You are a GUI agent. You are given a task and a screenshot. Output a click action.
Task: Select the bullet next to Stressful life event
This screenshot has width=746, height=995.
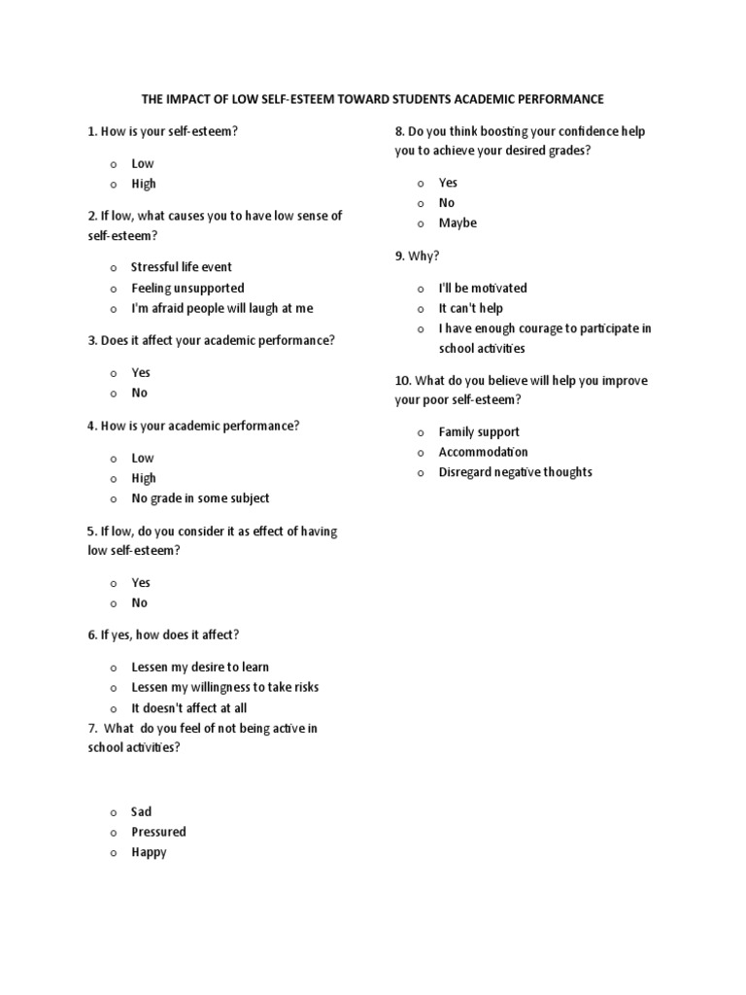(x=113, y=267)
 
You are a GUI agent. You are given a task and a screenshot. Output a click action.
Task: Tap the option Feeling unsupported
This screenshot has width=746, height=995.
(x=187, y=288)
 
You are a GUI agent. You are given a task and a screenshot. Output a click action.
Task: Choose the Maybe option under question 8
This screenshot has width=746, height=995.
(x=458, y=223)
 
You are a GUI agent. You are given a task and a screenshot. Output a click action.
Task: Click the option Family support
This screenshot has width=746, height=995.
(x=479, y=431)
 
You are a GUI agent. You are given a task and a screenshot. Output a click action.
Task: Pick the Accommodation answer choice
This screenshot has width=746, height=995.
(x=483, y=452)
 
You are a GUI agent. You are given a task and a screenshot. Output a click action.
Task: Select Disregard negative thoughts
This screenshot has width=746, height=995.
(x=515, y=472)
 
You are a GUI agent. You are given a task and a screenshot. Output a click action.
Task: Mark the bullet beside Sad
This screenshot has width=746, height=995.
(x=113, y=812)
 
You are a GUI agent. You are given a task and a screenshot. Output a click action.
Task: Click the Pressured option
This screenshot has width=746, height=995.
(x=158, y=832)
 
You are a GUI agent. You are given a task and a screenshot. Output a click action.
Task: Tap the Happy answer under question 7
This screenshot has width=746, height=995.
(x=149, y=852)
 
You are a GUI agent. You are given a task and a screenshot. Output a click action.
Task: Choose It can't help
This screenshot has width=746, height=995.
(x=471, y=308)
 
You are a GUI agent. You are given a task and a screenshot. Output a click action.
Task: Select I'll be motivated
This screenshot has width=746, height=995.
(x=483, y=288)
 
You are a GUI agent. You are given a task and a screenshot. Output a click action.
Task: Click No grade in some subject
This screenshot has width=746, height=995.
(x=200, y=497)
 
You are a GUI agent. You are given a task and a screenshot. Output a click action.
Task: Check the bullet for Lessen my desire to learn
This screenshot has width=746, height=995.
(x=113, y=668)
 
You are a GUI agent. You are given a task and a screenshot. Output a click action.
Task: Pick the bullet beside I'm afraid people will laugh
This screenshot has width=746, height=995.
(x=113, y=309)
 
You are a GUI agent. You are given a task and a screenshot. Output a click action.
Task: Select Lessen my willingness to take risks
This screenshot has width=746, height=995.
(x=224, y=687)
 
